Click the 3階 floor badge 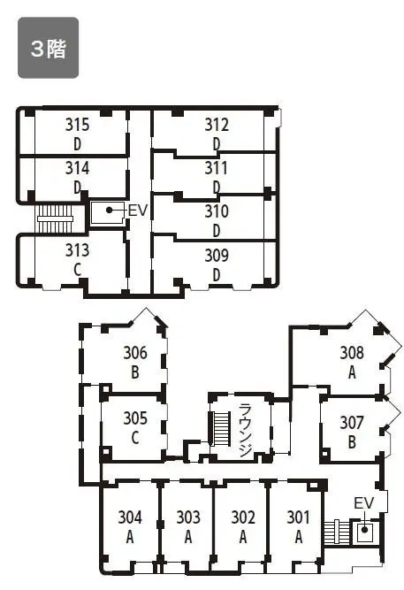tap(48, 48)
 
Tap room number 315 tap(78, 125)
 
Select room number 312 tap(217, 125)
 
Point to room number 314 tap(78, 168)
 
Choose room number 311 tap(217, 168)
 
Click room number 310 tap(217, 211)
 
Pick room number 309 tap(217, 256)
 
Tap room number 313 tap(78, 250)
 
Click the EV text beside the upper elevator tap(138, 211)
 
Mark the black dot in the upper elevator tap(109, 210)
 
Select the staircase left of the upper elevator tap(55, 218)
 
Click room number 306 tap(135, 353)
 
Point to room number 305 tap(135, 418)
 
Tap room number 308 tap(352, 353)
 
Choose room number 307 tap(352, 423)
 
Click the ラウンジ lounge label tap(245, 430)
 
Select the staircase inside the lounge tap(221, 429)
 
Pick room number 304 tap(130, 517)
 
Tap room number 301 tap(298, 517)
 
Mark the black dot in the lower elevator tap(364, 530)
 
